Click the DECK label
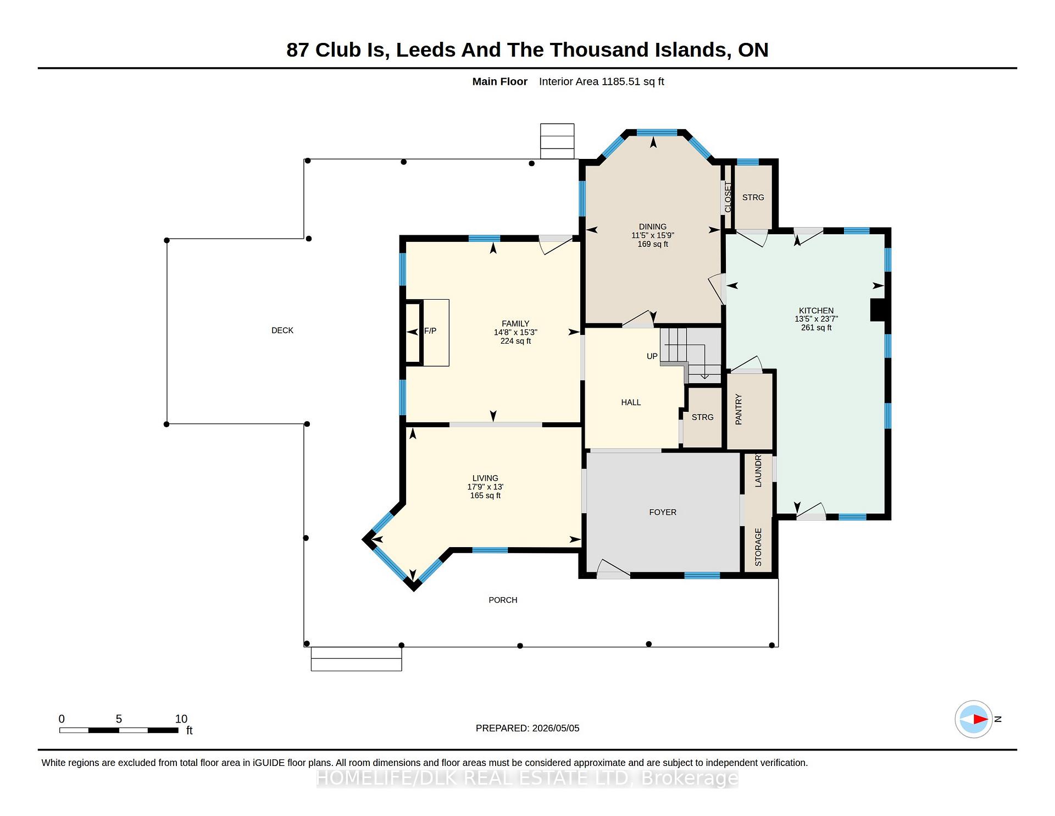282,330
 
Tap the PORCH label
503,600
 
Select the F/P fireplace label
430,331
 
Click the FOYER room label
663,512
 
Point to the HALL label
631,403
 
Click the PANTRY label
738,409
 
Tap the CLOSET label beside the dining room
728,197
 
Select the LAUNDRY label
758,471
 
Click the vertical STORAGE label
758,547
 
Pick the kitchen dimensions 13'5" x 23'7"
816,319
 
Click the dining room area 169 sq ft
653,244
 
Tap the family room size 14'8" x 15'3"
515,333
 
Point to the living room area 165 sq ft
485,496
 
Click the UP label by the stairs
652,356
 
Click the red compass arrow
981,719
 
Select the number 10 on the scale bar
181,719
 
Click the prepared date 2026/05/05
556,729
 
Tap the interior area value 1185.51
621,82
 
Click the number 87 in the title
298,50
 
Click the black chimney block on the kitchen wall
878,310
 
